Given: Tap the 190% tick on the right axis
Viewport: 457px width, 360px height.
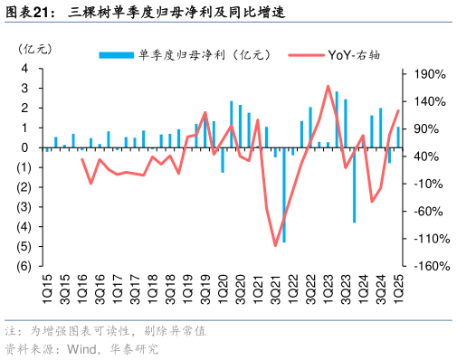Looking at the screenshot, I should coord(429,72).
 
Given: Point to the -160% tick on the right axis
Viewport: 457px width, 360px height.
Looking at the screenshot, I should coord(428,267).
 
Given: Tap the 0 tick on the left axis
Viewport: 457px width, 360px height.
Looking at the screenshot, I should coord(26,148).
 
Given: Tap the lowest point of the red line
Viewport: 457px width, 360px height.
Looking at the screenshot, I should coord(275,245).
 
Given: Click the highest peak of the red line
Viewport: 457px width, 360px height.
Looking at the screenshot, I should coord(328,86).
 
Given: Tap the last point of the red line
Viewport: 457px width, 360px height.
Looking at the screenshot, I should coord(398,110).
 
